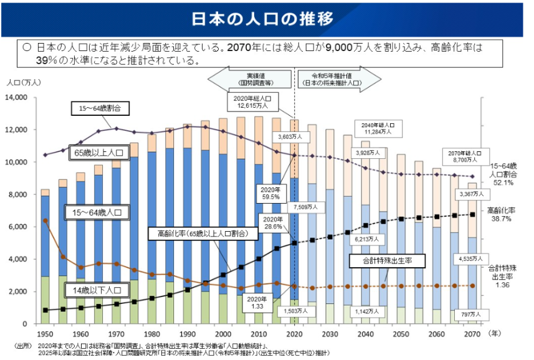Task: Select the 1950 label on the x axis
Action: (45, 334)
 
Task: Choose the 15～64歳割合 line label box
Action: (95, 108)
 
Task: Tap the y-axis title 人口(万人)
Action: (24, 82)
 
